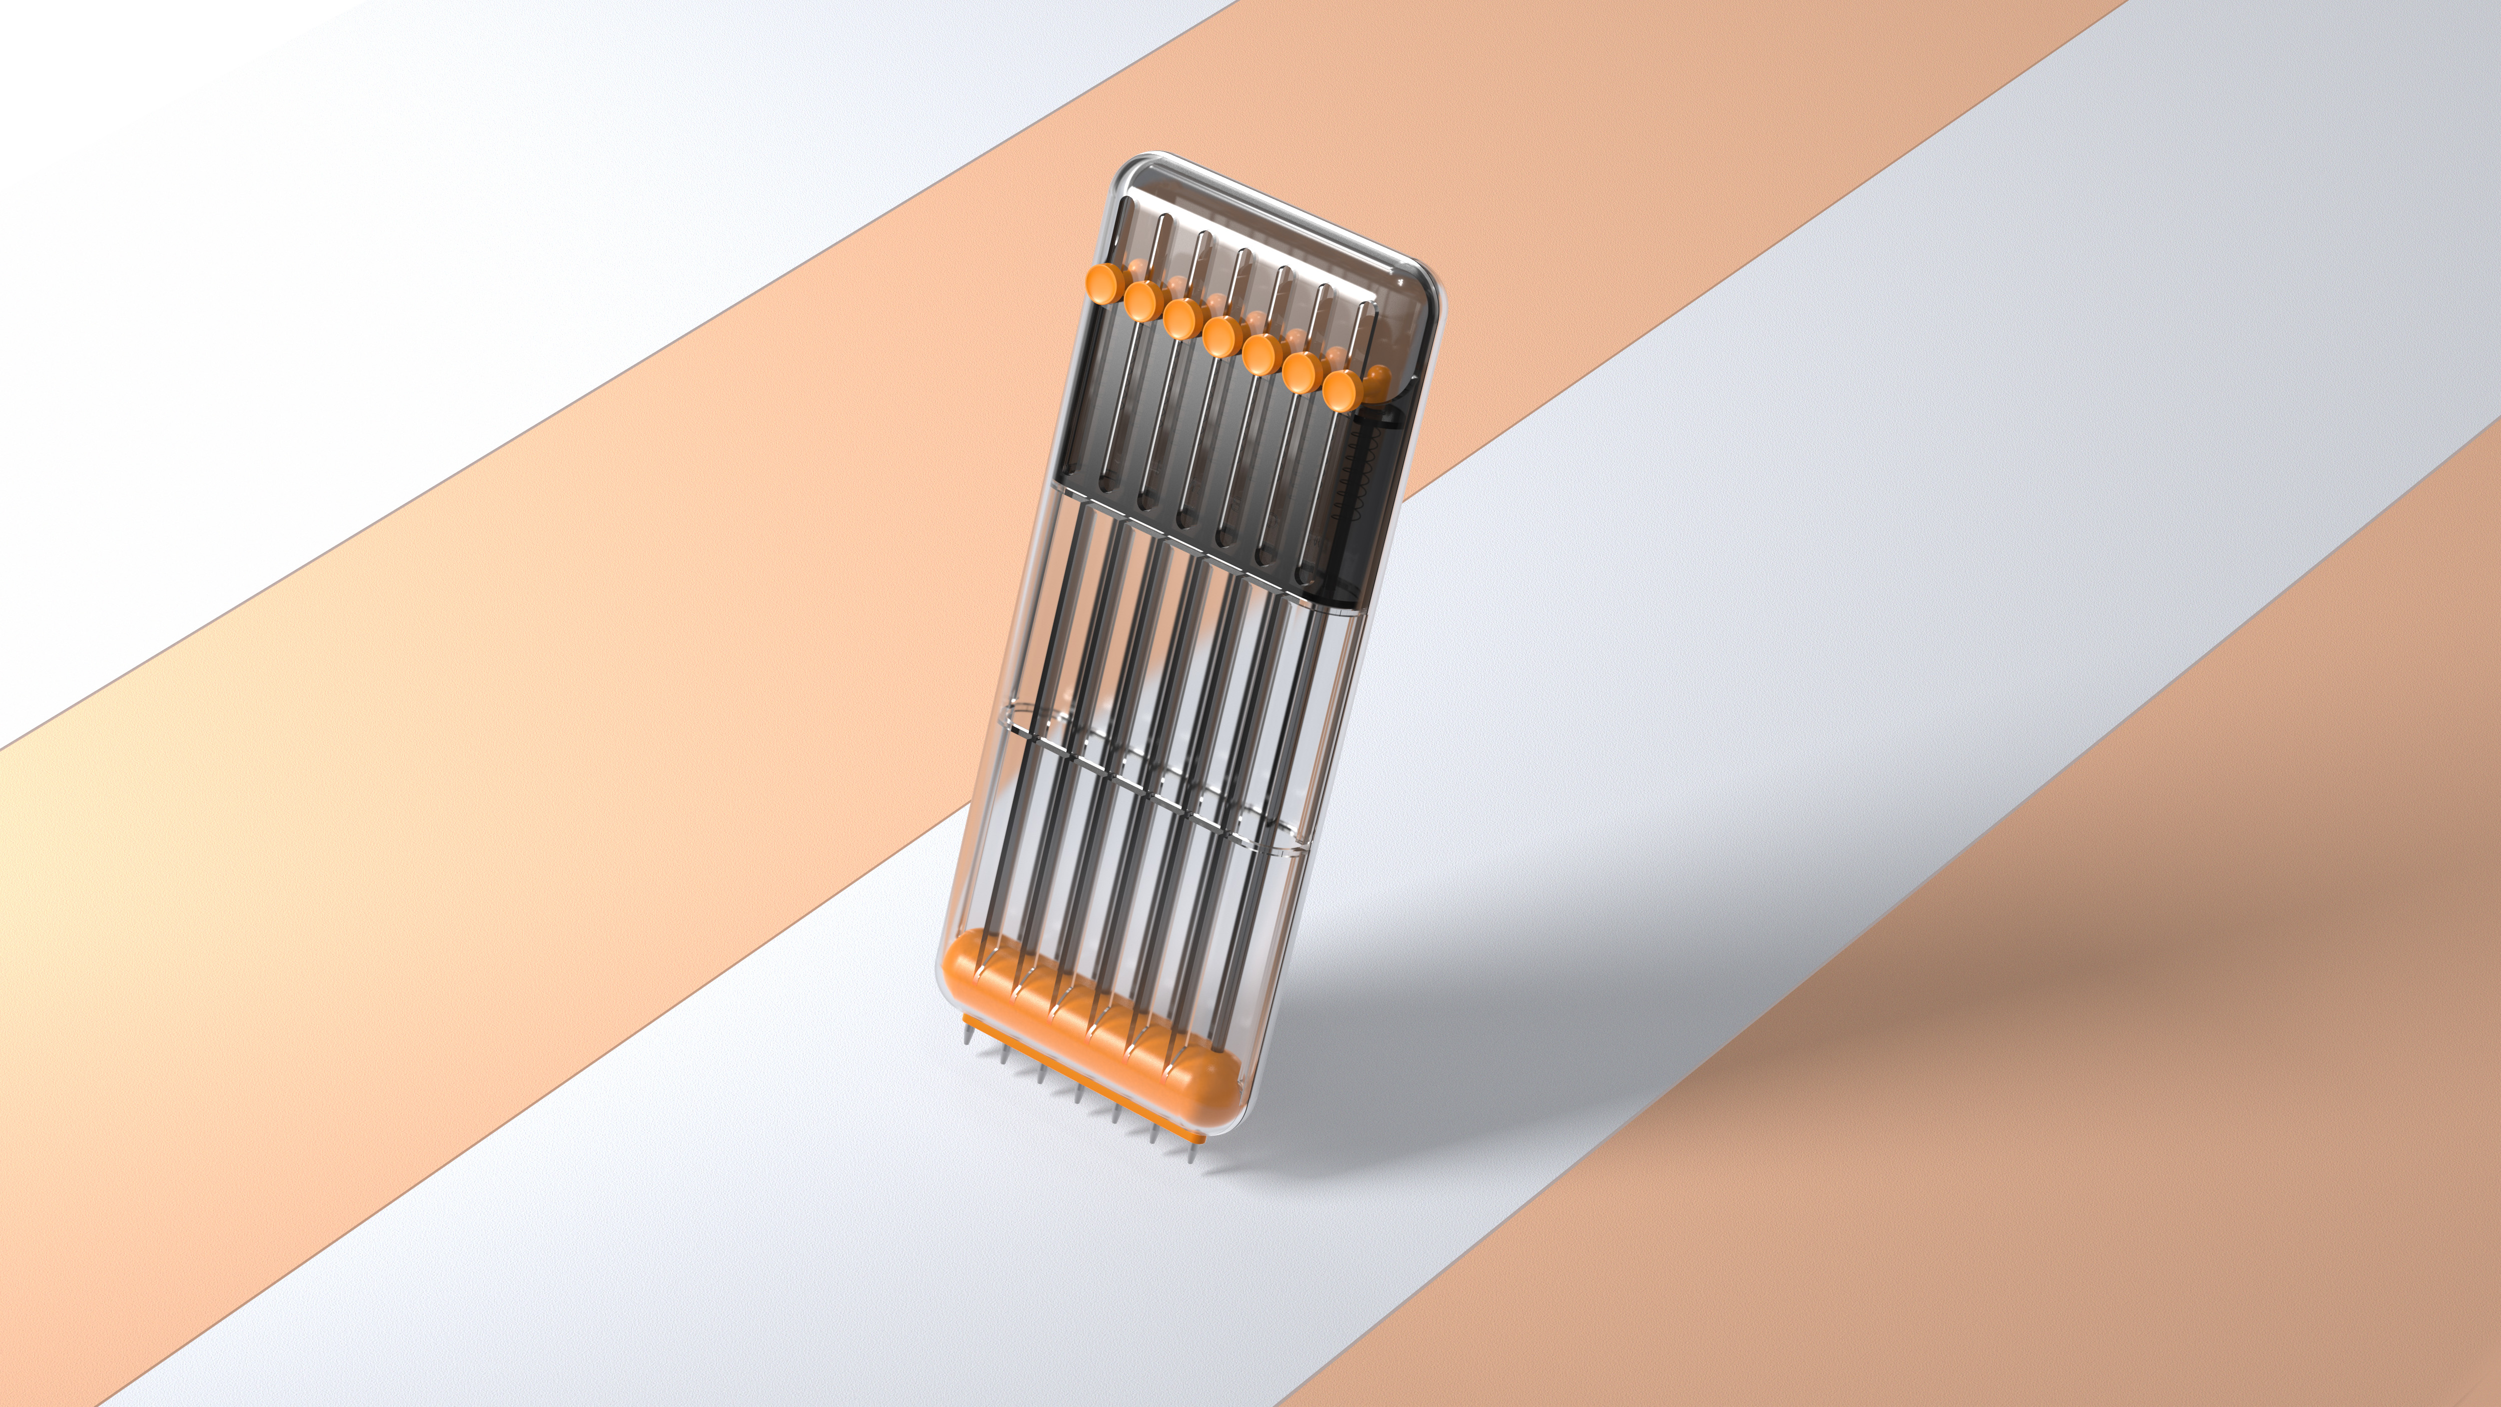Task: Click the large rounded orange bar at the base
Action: point(1087,1039)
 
